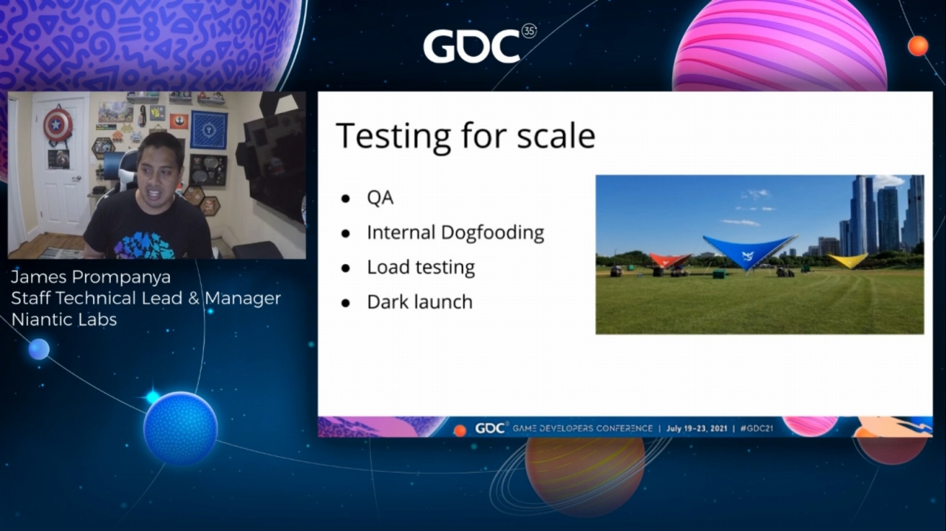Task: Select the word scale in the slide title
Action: coord(557,135)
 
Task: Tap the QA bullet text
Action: coord(380,197)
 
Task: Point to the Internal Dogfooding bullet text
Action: coord(455,232)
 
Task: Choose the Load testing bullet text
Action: coord(421,267)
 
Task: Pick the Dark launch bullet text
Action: coord(419,302)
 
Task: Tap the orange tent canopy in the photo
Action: coord(670,260)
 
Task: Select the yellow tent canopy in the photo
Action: coord(848,260)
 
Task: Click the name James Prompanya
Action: coord(91,278)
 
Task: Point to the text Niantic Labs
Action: coord(64,319)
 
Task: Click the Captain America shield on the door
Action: coord(58,125)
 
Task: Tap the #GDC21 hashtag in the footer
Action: coord(756,428)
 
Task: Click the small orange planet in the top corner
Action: coord(917,46)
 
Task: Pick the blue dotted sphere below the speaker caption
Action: coord(180,428)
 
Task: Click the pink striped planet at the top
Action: coord(779,46)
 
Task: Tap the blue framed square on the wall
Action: coord(208,129)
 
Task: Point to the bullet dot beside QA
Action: coord(345,198)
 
